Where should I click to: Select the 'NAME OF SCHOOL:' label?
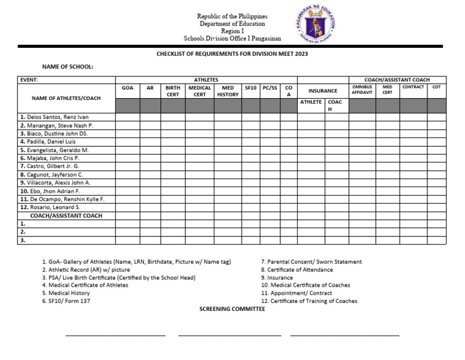click(x=67, y=67)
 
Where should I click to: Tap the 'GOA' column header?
click(x=128, y=88)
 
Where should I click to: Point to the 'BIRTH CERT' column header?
click(x=173, y=91)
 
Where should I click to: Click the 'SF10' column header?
click(x=251, y=88)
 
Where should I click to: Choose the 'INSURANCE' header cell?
click(x=322, y=91)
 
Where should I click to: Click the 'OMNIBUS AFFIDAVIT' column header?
click(x=362, y=90)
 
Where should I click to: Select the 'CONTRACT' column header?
click(x=413, y=87)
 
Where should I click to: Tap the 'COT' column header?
click(x=436, y=87)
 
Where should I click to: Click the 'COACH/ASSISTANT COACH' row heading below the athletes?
click(x=66, y=216)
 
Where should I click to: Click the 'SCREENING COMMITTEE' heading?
click(x=232, y=308)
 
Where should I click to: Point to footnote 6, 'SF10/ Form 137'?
click(x=67, y=301)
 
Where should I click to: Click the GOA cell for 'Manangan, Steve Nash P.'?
click(x=128, y=125)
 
